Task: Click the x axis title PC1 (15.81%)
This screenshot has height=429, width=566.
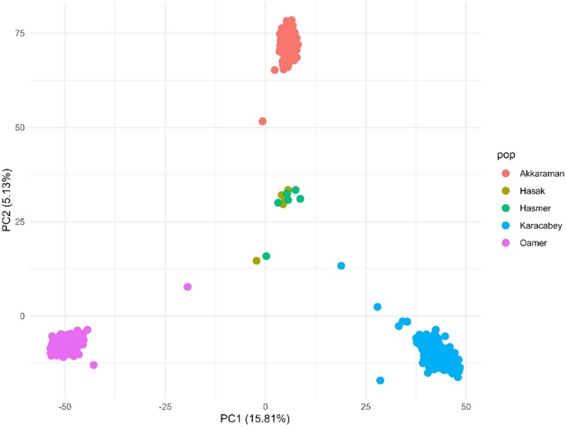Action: (x=266, y=420)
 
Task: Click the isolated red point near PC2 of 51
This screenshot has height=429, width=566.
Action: (x=263, y=122)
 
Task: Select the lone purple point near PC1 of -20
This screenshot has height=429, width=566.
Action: (x=188, y=287)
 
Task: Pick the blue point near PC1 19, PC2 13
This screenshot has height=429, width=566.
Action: (x=341, y=266)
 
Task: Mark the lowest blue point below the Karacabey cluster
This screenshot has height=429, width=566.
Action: (x=380, y=380)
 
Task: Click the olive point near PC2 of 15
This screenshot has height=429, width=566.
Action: (x=256, y=260)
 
